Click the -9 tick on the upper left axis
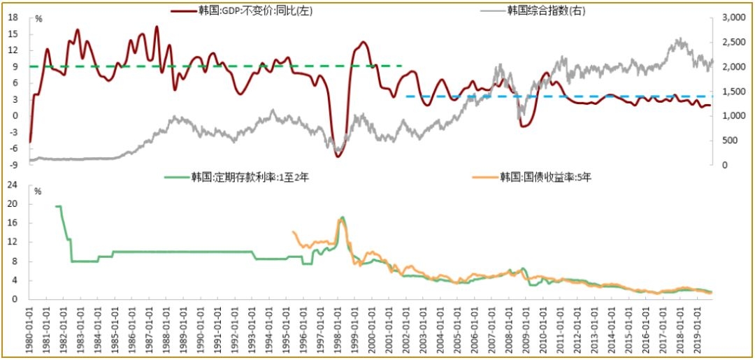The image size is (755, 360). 13,165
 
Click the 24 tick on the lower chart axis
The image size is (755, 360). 13,185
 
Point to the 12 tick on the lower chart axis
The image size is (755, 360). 13,242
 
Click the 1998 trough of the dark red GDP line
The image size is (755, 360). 338,156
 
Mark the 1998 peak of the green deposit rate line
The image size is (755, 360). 343,217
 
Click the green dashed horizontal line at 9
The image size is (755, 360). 210,66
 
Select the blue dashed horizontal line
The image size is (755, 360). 559,96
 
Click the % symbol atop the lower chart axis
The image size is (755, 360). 38,191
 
